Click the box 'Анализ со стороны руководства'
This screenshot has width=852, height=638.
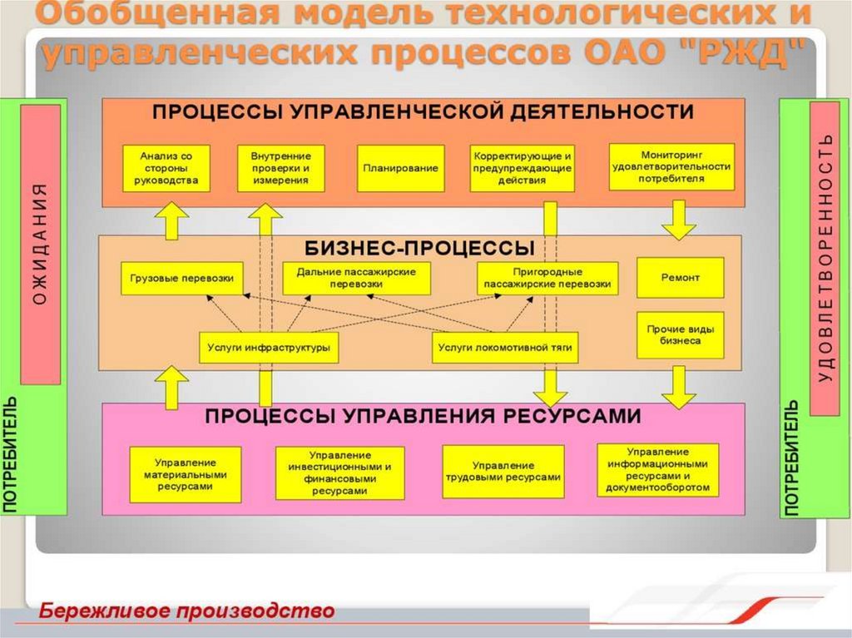[166, 168]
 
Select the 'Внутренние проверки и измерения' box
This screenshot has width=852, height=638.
[281, 168]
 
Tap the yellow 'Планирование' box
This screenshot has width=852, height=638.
[400, 168]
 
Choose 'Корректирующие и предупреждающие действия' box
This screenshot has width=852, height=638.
[523, 168]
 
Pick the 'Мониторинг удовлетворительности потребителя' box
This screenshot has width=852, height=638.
[671, 167]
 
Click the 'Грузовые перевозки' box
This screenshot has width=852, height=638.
[182, 279]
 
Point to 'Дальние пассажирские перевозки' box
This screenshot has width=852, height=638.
[356, 279]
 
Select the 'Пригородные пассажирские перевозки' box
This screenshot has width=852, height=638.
[547, 279]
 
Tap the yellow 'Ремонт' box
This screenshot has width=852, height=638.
[681, 278]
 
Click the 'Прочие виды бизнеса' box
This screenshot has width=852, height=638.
[681, 335]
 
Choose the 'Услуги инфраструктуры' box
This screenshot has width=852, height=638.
[269, 347]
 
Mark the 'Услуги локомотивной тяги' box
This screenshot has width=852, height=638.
[505, 347]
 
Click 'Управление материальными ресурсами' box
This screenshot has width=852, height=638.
[186, 474]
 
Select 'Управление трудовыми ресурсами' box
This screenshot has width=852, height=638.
[503, 472]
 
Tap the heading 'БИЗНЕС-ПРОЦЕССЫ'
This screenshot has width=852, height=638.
[419, 249]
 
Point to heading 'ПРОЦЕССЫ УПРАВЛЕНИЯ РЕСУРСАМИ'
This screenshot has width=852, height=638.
[424, 416]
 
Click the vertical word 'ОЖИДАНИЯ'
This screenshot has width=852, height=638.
[40, 244]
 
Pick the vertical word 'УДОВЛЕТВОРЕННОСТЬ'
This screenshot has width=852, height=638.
[825, 258]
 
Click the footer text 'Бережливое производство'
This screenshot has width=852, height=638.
[186, 611]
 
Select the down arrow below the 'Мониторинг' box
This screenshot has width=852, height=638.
[679, 220]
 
